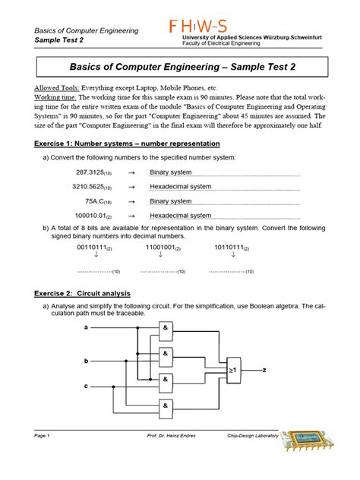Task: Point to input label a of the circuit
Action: [x=86, y=327]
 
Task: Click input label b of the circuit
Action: [x=86, y=360]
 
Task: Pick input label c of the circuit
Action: [x=86, y=387]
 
